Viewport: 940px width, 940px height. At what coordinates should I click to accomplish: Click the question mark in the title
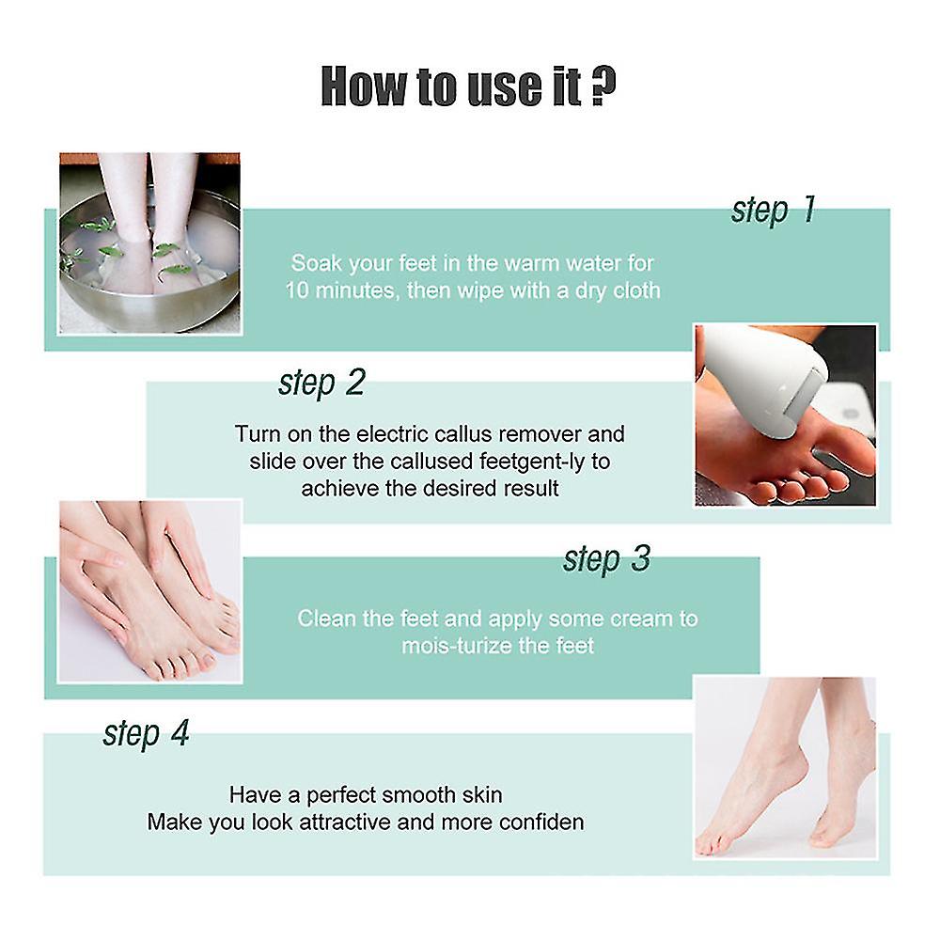[x=603, y=86]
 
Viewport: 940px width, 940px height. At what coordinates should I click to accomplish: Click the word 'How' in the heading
[x=363, y=86]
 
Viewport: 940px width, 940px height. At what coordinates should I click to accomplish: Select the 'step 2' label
[x=321, y=383]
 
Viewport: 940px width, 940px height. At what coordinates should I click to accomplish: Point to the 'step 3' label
[x=606, y=558]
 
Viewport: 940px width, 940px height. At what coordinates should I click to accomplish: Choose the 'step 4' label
[x=147, y=733]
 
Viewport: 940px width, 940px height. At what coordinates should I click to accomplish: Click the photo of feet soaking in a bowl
[x=149, y=243]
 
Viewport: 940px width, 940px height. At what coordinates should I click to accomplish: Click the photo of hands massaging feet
[x=149, y=591]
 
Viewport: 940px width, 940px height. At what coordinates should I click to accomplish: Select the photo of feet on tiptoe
[x=785, y=768]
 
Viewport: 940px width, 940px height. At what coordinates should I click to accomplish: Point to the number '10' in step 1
[x=297, y=290]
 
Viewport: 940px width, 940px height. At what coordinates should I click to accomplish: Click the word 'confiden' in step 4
[x=541, y=822]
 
